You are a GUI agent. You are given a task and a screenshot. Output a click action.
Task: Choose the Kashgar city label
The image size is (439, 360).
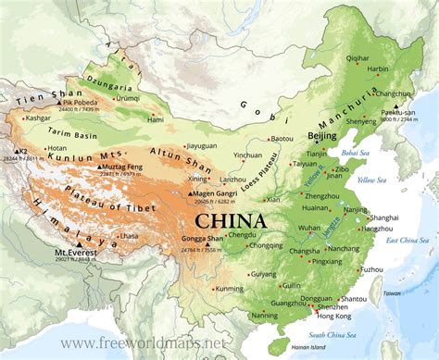click(38, 118)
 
